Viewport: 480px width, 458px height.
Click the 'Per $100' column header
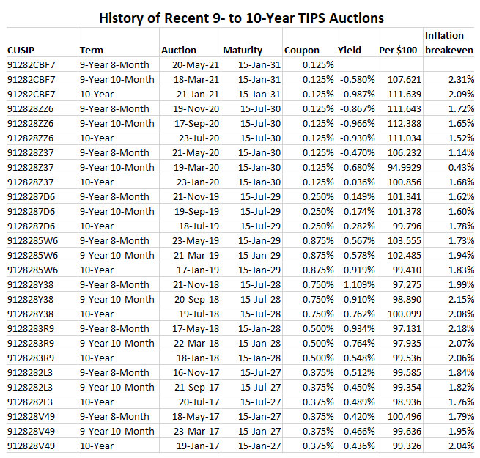click(399, 50)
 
